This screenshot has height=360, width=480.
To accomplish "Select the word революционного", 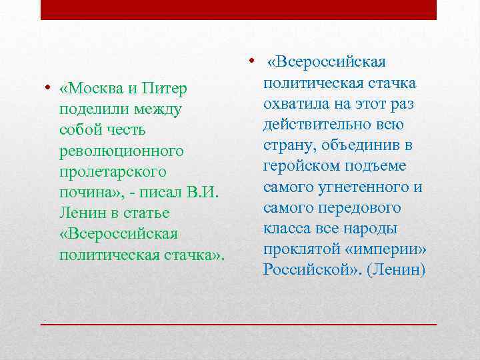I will (x=121, y=151).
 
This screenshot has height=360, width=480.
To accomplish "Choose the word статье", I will (x=146, y=213).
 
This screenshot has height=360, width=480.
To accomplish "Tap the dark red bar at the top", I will (x=239, y=9).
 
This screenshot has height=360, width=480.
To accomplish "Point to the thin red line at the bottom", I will (x=239, y=324).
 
